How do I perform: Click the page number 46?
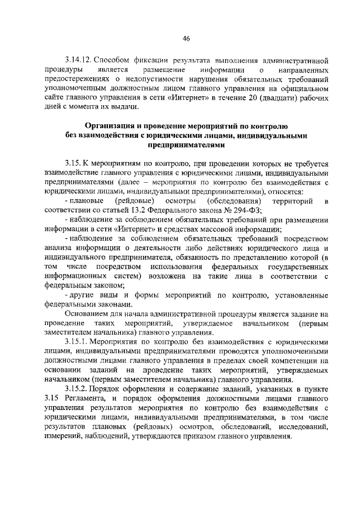pos(186,38)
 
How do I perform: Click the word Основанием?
pos(88,313)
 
